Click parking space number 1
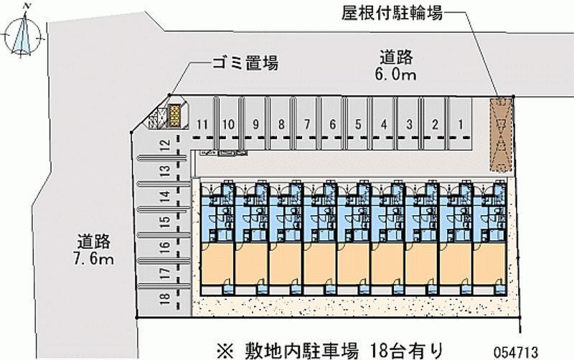pos(461,124)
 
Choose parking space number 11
pos(203,124)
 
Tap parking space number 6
pos(333,124)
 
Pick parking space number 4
pos(384,124)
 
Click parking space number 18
pos(164,298)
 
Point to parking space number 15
pos(164,222)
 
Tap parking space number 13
pos(164,171)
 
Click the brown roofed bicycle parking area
pos(502,135)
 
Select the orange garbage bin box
pos(174,116)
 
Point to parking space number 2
pos(435,124)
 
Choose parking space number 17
pos(164,273)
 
